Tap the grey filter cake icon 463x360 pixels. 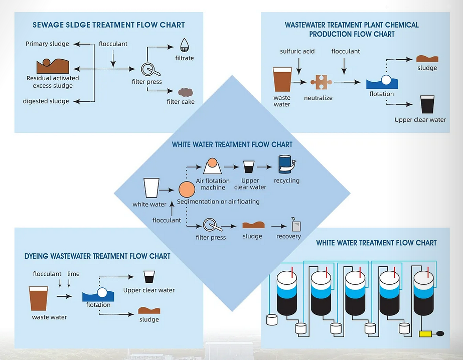186,92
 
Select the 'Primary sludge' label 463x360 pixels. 47,44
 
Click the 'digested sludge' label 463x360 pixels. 46,101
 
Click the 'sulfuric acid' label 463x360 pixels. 297,51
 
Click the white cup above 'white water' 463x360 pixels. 151,189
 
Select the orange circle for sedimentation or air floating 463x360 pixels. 187,190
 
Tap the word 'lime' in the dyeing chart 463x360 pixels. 73,274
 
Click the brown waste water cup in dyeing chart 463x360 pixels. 39,298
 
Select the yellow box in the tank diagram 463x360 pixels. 426,333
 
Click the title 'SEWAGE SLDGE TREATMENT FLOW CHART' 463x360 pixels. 108,25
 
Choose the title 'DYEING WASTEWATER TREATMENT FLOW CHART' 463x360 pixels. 97,256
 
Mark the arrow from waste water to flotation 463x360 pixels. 64,297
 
